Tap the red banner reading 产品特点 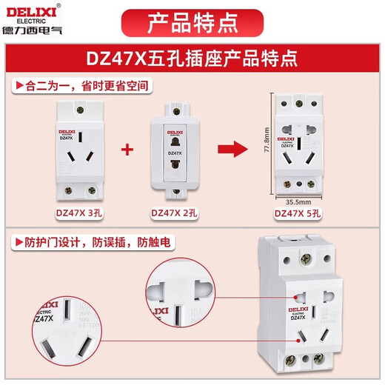click(192, 22)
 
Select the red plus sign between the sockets click(127, 150)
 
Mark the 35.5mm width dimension click(298, 199)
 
